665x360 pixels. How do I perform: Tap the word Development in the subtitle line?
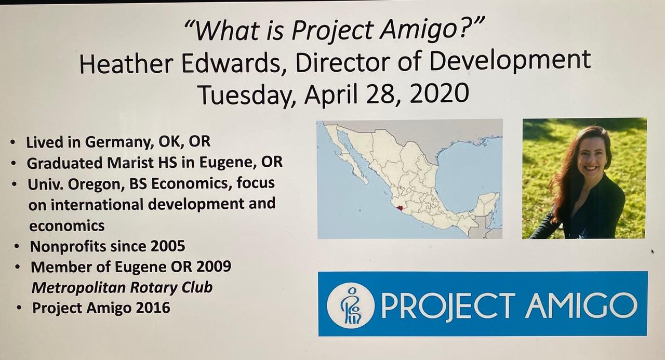coord(510,61)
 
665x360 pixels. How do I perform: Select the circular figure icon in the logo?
coord(351,305)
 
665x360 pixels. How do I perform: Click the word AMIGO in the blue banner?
coord(581,305)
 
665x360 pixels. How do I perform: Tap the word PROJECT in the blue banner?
coord(448,305)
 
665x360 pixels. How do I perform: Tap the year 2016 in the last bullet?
coord(153,308)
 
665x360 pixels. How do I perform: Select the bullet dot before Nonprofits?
coord(17,246)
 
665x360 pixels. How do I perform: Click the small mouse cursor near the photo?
coord(653,251)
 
